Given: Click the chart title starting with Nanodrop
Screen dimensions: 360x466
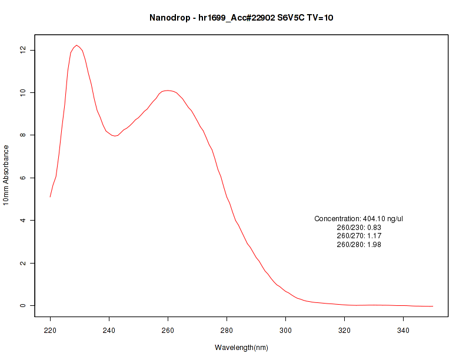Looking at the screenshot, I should (241, 18).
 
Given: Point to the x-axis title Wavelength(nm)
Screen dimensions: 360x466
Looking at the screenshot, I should (241, 348).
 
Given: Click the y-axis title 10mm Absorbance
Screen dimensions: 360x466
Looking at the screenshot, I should (6, 175).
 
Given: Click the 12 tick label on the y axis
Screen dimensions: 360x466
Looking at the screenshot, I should (24, 50).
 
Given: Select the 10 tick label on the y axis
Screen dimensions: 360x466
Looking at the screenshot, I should (24, 92).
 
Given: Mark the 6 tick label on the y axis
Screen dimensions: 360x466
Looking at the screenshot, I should (24, 178).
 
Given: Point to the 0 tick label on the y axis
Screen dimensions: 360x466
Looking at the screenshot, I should (24, 305).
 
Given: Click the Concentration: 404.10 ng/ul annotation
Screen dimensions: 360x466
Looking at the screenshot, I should (359, 219).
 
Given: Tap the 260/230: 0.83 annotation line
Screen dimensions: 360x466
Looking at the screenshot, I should (359, 227).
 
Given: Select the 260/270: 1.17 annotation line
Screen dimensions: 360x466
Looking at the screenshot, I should (359, 236).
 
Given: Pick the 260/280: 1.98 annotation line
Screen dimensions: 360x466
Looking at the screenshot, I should (359, 245).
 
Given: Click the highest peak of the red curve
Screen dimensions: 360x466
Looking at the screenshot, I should (76, 45).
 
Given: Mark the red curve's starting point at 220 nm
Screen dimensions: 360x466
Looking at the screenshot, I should (51, 196).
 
